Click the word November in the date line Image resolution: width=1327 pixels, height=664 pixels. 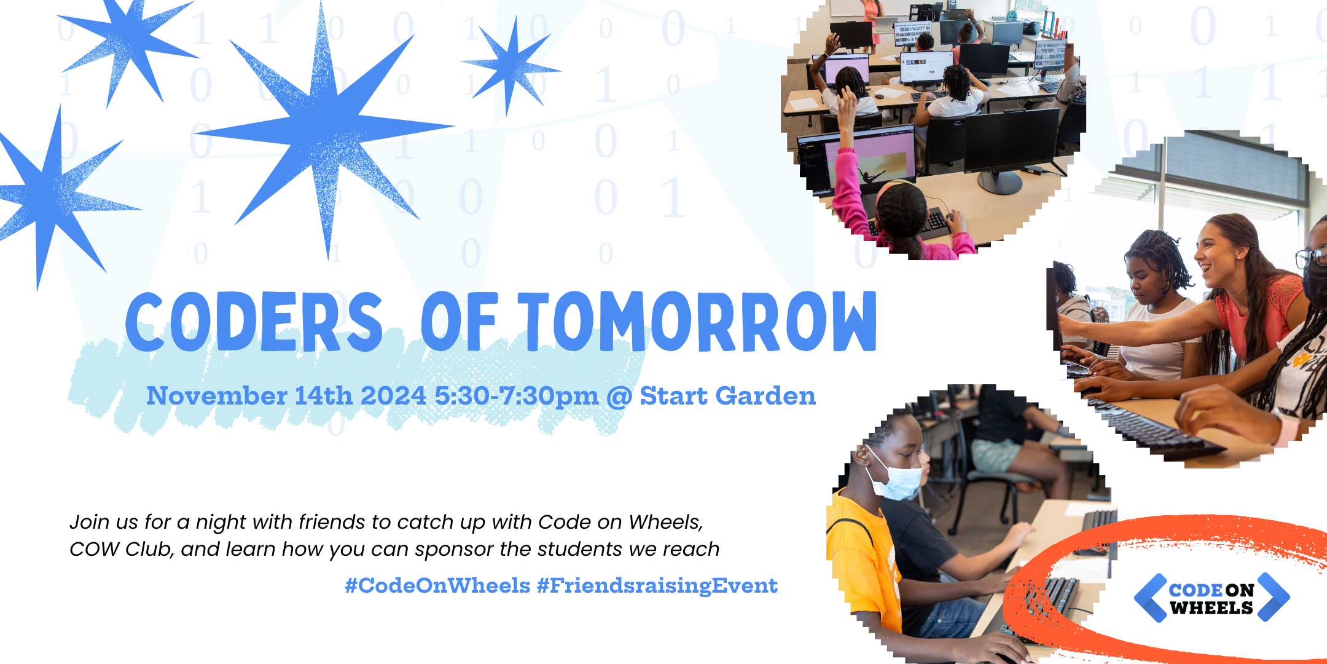coord(216,396)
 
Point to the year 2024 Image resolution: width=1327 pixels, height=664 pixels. coord(393,396)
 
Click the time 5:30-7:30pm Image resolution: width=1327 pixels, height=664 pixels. coord(516,396)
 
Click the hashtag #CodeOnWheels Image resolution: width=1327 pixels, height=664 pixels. coord(437,585)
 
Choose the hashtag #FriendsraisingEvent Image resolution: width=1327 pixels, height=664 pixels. coord(657,585)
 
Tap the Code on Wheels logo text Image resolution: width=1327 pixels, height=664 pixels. coord(1211,598)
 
